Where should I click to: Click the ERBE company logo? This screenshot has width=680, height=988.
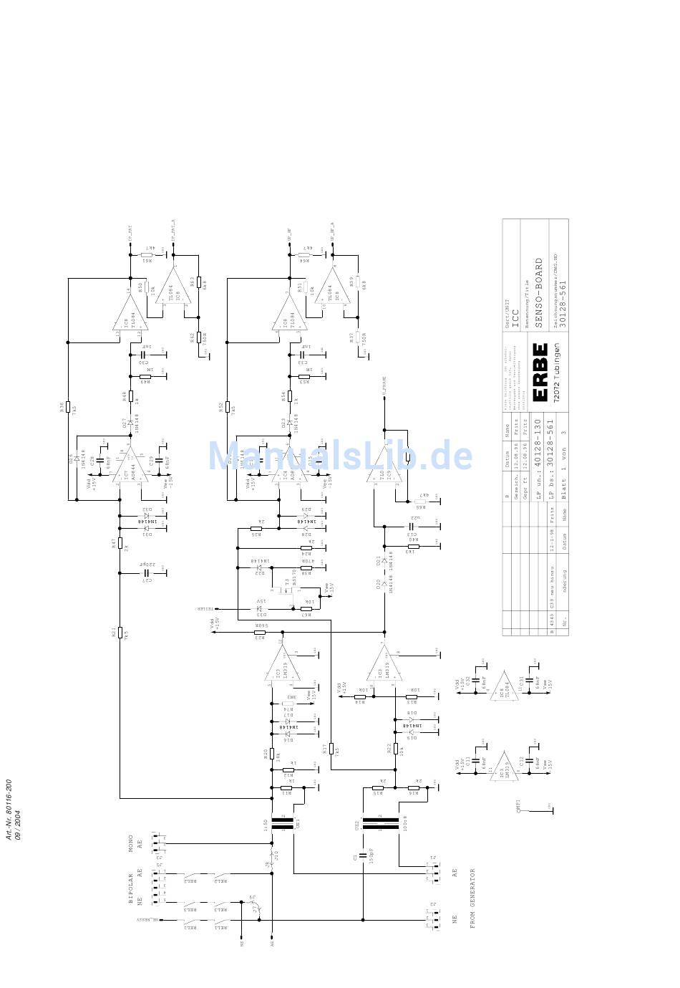pyautogui.click(x=540, y=372)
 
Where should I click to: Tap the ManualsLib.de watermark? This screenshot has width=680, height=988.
pyautogui.click(x=341, y=456)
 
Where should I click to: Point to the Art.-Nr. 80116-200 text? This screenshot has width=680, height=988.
pyautogui.click(x=9, y=812)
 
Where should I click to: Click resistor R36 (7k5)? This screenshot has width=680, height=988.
pyautogui.click(x=68, y=407)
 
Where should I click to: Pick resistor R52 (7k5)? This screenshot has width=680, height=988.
pyautogui.click(x=228, y=407)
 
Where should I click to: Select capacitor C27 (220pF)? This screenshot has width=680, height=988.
pyautogui.click(x=147, y=573)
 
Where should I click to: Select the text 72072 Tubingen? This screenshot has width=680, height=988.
pyautogui.click(x=556, y=373)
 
